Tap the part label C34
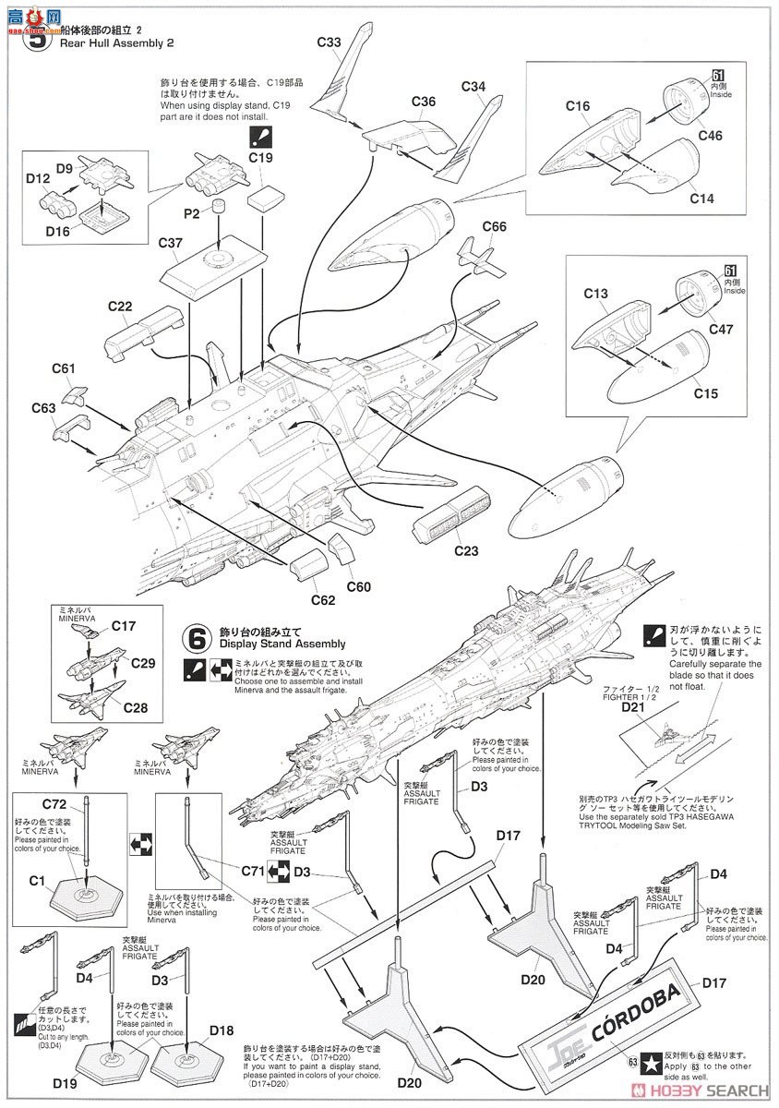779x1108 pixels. pos(473,87)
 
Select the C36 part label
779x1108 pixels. pos(424,101)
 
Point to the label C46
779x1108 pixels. pos(711,136)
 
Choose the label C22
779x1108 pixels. pos(121,307)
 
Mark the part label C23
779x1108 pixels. pos(467,551)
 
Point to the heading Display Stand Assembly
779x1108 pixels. pos(282,644)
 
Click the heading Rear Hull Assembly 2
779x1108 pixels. pos(119,42)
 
